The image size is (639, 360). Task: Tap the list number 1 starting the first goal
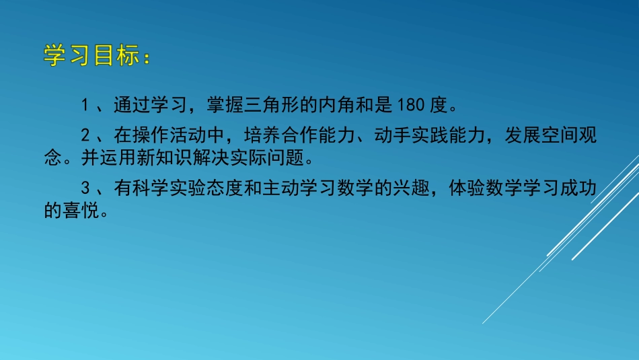click(85, 105)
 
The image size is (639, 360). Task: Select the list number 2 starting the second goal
click(85, 136)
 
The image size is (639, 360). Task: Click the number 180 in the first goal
click(409, 105)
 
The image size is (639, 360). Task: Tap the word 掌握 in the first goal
click(219, 105)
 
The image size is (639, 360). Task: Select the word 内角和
click(346, 105)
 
